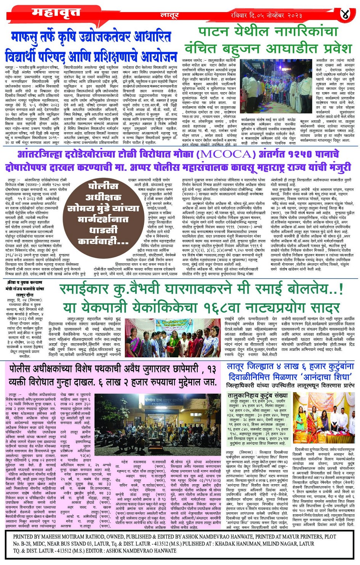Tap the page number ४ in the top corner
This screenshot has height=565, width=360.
[x=345, y=14]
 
